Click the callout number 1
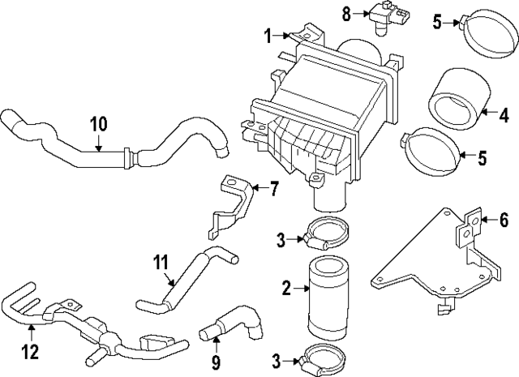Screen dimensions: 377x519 pyautogui.click(x=268, y=35)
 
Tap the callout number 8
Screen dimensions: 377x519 pyautogui.click(x=345, y=12)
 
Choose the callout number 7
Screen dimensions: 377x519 pyautogui.click(x=273, y=191)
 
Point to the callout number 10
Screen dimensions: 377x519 pyautogui.click(x=97, y=124)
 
